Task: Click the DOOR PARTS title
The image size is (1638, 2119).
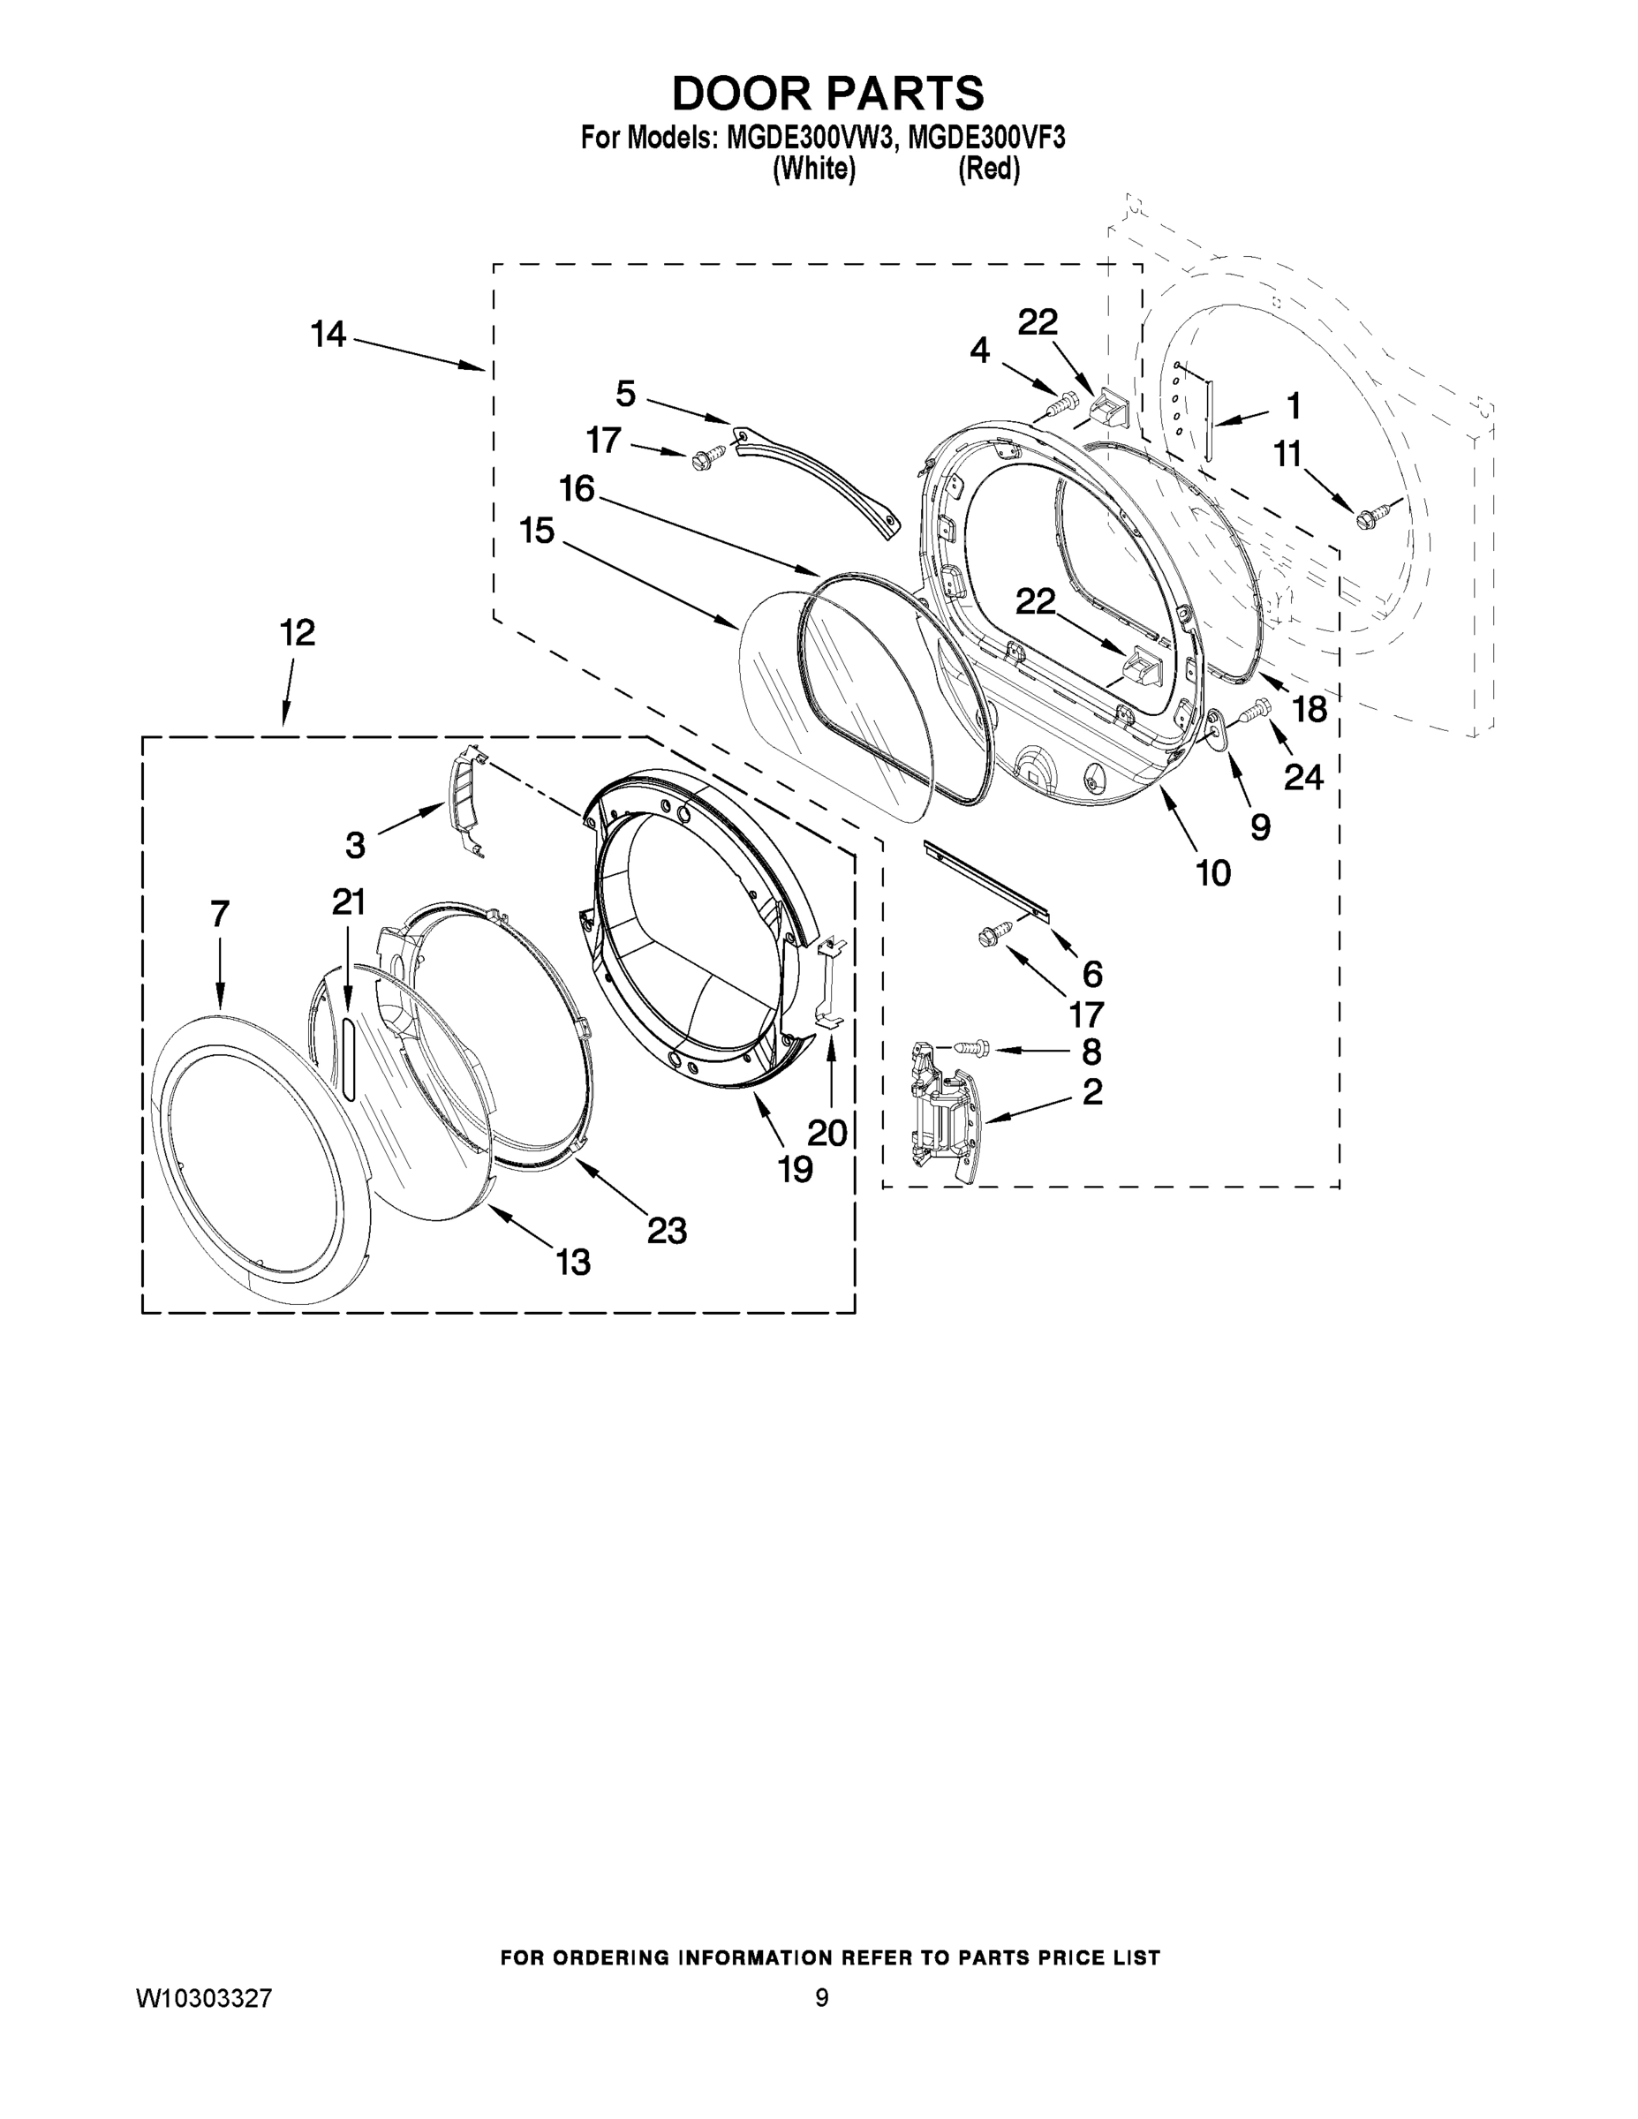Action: coord(827,94)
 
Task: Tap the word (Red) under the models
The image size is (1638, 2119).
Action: coord(988,169)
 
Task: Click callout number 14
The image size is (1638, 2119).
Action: coord(328,335)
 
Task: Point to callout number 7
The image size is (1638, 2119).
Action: coord(219,913)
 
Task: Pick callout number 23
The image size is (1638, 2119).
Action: coord(667,1230)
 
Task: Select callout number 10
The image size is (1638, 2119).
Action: coord(1213,873)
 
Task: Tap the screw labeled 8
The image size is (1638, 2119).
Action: coord(971,1047)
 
